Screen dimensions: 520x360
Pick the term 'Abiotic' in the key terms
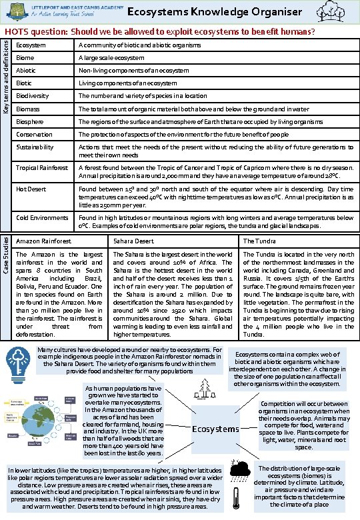click(x=26, y=70)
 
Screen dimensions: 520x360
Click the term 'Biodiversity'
click(x=31, y=95)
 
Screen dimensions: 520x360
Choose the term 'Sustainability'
click(x=35, y=147)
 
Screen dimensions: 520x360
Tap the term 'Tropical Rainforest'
click(x=41, y=167)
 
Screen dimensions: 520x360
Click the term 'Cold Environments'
click(x=42, y=217)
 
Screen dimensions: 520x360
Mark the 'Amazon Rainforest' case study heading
click(x=43, y=241)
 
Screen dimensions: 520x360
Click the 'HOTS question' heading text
click(x=160, y=31)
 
